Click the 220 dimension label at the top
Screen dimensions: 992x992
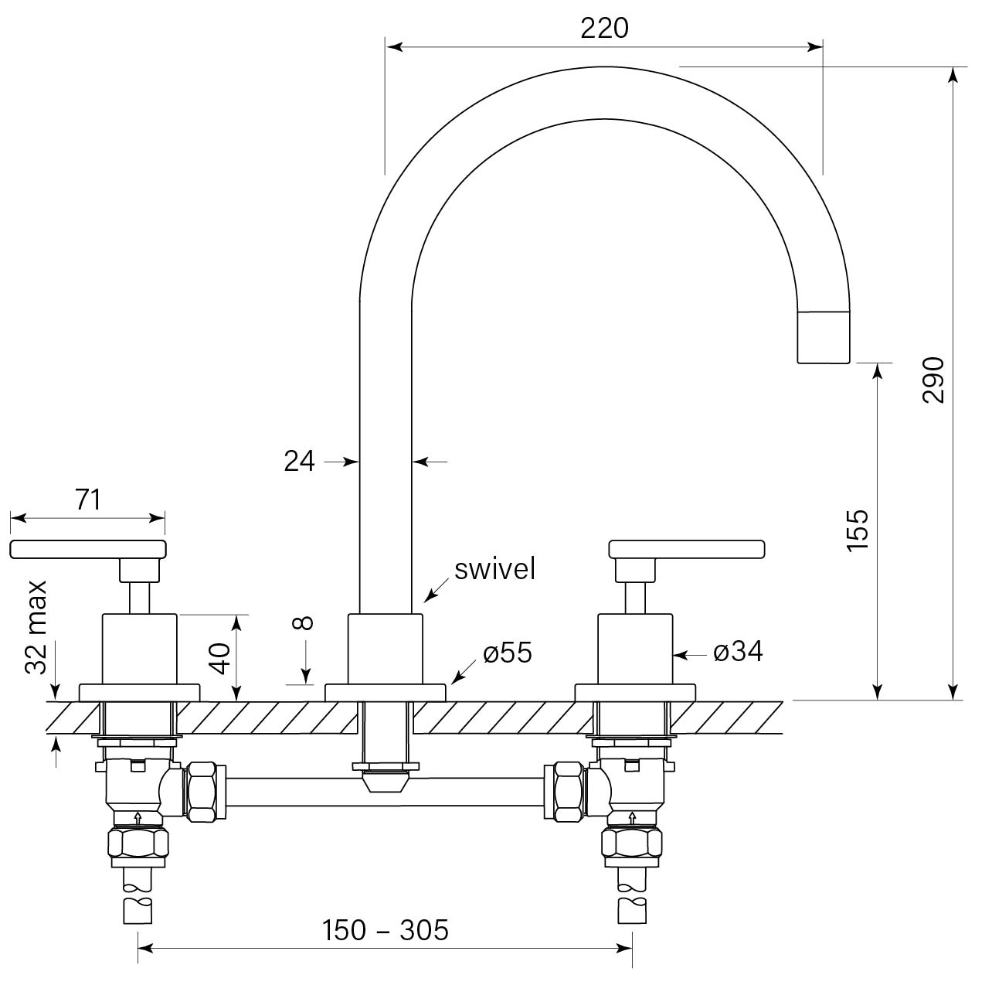coord(604,29)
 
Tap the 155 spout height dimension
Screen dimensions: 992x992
coord(858,530)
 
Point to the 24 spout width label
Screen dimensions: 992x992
coord(300,462)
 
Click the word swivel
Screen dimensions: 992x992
coord(494,570)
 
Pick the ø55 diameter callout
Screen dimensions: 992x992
coord(508,653)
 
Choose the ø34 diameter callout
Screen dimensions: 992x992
coord(738,653)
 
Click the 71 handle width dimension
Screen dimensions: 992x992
coord(88,500)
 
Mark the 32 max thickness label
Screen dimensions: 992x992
coord(37,627)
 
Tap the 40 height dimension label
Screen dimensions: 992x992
coord(222,658)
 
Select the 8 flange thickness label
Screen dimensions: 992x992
coord(304,623)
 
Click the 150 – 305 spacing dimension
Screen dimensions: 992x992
coord(385,930)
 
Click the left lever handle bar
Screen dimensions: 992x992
coord(88,549)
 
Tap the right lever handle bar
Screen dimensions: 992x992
coord(687,549)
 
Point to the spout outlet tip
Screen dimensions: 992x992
coord(823,338)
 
